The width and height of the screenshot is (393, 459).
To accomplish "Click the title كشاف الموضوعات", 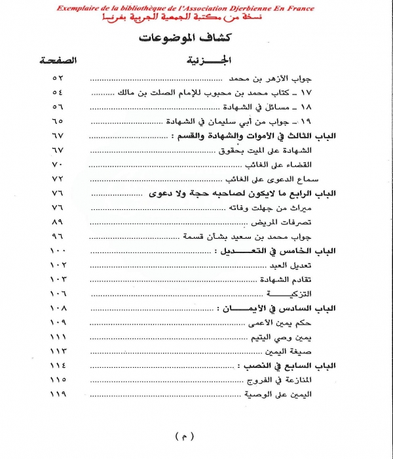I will click(x=196, y=37).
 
